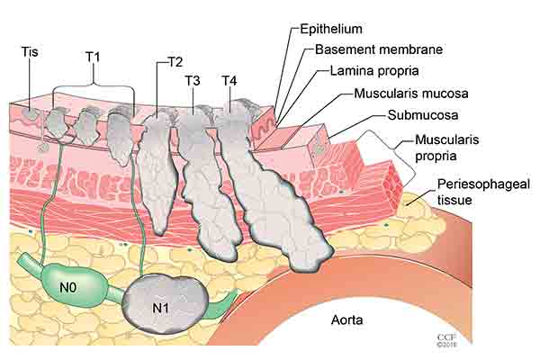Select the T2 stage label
(175, 62)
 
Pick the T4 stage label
(229, 81)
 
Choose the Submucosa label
(418, 115)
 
